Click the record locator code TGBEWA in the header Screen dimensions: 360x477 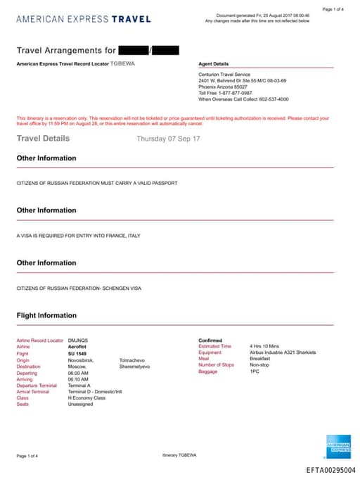click(122, 64)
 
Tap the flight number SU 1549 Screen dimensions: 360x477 click(77, 353)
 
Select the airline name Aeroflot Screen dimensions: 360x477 click(77, 347)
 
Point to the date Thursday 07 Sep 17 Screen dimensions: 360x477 click(168, 139)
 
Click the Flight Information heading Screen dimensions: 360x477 click(46, 316)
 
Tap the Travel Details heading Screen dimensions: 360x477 click(43, 139)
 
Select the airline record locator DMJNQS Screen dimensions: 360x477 click(78, 341)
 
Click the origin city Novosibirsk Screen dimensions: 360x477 click(82, 360)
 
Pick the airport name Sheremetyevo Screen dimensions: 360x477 click(136, 366)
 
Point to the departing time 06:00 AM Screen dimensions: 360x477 click(77, 373)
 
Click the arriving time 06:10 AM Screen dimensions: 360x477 click(77, 379)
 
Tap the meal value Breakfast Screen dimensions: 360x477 click(259, 358)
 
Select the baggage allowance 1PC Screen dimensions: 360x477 click(254, 371)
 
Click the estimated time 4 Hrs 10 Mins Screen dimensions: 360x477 click(264, 346)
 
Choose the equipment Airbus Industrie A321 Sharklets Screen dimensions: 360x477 click(283, 352)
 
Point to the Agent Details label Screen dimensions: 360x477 click(214, 64)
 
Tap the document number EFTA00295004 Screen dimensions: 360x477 click(330, 469)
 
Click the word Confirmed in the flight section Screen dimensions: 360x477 click(210, 341)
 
